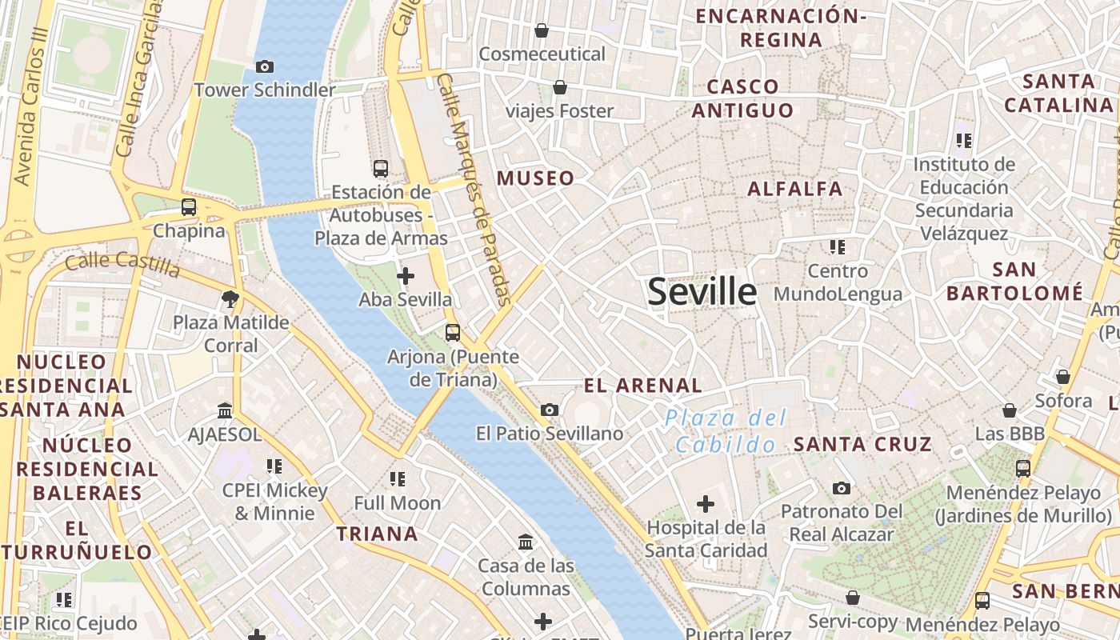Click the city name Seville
702,291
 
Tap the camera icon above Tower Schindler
264,67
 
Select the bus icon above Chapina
189,207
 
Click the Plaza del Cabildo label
725,431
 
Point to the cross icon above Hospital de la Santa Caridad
706,504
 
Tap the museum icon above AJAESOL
225,410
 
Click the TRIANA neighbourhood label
377,534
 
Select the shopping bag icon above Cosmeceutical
542,30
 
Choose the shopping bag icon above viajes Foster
560,87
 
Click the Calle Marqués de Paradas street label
475,190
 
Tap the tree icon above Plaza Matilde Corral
230,299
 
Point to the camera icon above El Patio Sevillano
550,410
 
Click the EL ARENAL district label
643,386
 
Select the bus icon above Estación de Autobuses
381,169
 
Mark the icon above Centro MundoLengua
838,247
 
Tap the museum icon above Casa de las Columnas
526,542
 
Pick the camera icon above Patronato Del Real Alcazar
841,488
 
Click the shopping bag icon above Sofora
1063,377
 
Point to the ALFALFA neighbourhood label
794,189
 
